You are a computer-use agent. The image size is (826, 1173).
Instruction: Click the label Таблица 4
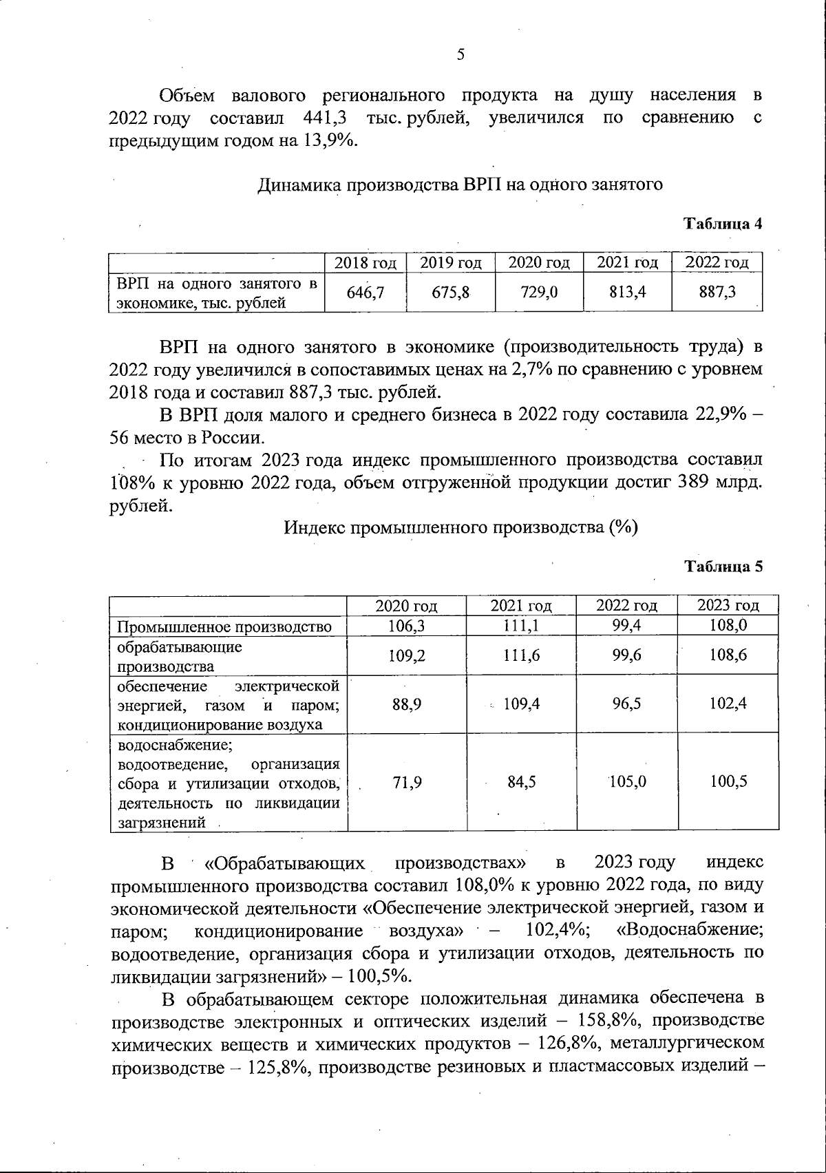tap(722, 224)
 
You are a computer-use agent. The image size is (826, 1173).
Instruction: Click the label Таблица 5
tap(722, 567)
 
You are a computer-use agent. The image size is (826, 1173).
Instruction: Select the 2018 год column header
tap(365, 263)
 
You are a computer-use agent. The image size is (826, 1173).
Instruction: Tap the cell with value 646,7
tap(365, 293)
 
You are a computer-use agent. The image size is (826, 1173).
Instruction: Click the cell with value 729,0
tap(539, 293)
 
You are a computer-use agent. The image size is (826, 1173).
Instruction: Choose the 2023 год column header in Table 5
tap(728, 606)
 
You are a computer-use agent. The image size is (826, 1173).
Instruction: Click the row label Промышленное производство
tap(224, 626)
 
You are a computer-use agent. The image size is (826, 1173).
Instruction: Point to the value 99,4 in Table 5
tap(627, 625)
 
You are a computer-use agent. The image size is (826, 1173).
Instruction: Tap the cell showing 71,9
tap(407, 782)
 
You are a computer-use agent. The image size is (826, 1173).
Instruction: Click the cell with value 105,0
tap(628, 782)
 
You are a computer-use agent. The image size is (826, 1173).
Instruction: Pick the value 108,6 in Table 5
tap(728, 655)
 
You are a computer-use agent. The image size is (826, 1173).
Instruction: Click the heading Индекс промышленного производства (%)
tap(460, 528)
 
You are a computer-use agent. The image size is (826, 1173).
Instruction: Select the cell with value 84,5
tap(522, 782)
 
